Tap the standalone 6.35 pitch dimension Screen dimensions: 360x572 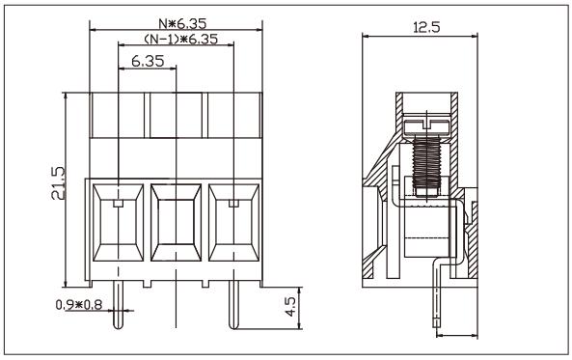(147, 60)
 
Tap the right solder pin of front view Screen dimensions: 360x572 (232, 307)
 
